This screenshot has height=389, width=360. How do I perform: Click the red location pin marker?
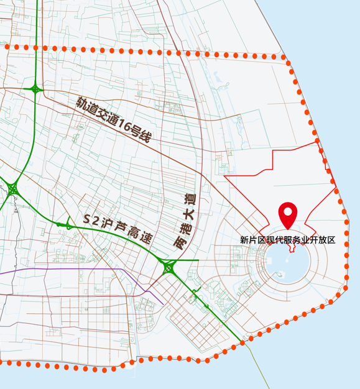coord(287,215)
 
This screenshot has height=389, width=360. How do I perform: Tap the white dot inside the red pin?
coord(287,211)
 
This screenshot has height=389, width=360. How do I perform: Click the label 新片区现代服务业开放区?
coord(288,239)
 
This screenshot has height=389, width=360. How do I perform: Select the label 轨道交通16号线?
coord(114,119)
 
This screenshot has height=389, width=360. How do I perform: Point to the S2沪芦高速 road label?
coord(118,229)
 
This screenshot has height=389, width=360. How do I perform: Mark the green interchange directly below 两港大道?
coord(168,268)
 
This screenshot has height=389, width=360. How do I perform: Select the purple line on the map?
coord(62,270)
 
